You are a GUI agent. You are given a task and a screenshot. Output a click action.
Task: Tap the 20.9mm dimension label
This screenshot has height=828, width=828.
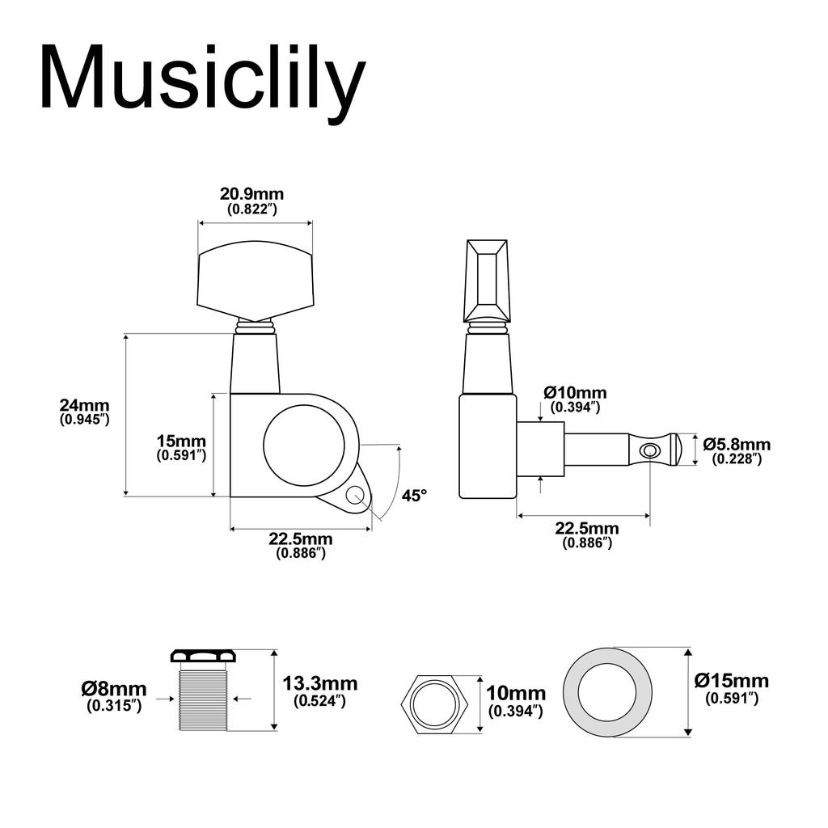(251, 194)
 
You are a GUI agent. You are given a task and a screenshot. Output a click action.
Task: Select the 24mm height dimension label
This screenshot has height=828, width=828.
(84, 405)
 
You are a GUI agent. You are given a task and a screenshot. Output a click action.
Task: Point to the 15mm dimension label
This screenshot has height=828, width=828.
(181, 441)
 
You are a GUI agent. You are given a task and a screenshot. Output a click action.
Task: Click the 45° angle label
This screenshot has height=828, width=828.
(413, 496)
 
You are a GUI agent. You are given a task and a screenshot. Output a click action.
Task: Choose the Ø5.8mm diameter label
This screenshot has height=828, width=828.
(736, 444)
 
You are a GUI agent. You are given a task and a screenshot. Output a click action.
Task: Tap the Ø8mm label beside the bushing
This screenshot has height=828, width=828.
(114, 689)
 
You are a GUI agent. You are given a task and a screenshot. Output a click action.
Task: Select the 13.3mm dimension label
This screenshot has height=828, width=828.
(320, 684)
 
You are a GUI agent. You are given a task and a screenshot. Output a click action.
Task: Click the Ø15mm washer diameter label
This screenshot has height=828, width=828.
(732, 681)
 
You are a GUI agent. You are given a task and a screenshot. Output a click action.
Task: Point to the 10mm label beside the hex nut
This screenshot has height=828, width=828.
(516, 694)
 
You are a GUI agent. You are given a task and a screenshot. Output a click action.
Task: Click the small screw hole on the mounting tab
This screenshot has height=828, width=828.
(353, 494)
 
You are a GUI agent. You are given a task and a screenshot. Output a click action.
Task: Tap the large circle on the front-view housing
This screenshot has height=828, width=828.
(310, 446)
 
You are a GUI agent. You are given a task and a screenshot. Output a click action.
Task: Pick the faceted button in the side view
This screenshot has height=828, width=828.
(486, 279)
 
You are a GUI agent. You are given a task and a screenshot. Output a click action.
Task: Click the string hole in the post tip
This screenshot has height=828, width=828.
(648, 450)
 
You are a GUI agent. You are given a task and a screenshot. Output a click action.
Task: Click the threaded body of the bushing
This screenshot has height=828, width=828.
(203, 699)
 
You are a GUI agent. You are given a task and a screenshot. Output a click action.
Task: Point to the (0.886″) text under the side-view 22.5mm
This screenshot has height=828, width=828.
(587, 543)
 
